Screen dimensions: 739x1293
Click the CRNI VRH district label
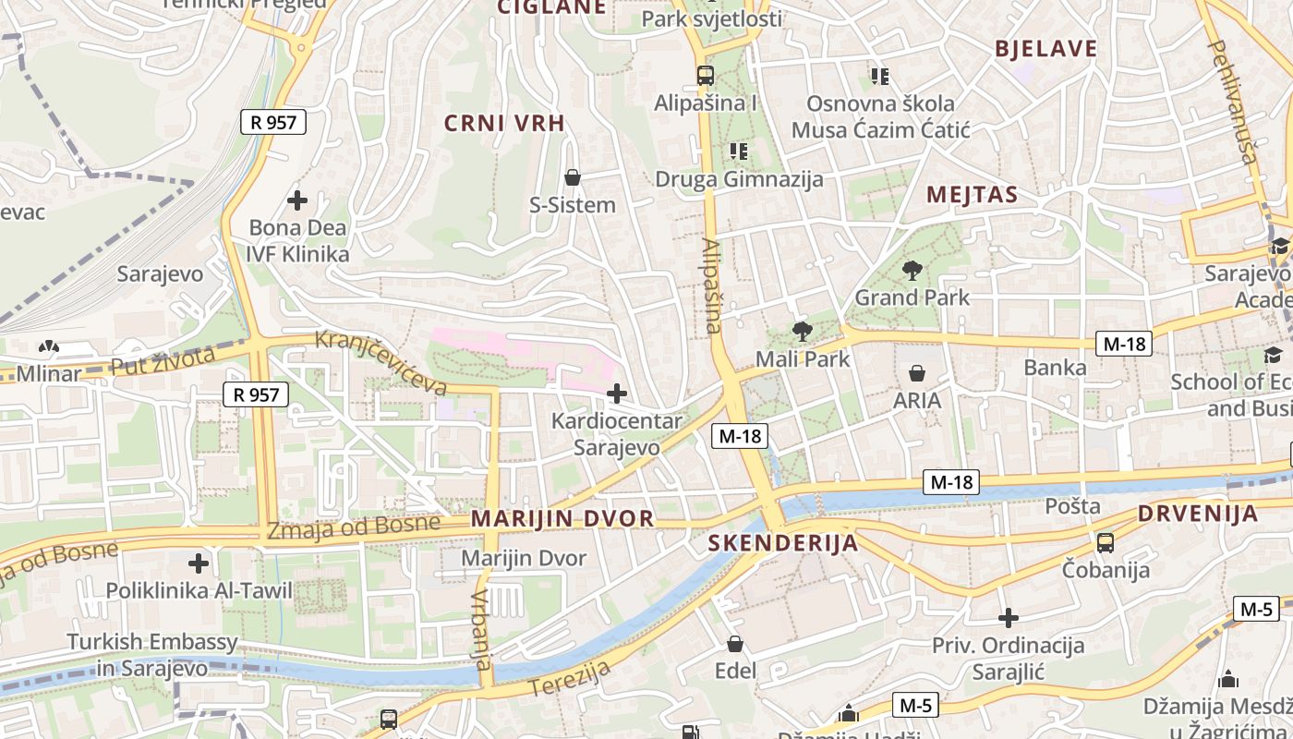coord(504,123)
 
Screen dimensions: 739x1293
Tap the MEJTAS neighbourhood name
coord(971,195)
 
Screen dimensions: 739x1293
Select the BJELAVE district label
coord(1045,49)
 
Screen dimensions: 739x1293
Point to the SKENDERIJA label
coord(783,543)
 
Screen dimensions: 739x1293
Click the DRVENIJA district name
coord(1197,515)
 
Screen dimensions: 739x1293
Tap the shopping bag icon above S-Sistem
coord(573,176)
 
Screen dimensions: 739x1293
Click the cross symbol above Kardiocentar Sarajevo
coord(616,394)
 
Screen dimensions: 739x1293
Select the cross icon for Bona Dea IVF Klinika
coord(297,200)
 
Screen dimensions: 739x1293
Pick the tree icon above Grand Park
coord(912,270)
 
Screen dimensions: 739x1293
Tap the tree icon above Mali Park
coord(802,331)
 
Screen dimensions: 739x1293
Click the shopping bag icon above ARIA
coord(917,373)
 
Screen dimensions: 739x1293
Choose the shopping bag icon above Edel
coord(735,644)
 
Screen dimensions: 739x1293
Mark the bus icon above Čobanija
coord(1105,542)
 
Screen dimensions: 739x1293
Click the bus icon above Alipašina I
coord(705,76)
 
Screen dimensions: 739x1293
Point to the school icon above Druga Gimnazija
coord(738,151)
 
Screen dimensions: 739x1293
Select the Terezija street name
coord(571,678)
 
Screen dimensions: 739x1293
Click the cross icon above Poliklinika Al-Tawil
coord(199,563)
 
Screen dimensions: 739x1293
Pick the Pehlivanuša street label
coord(1233,102)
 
